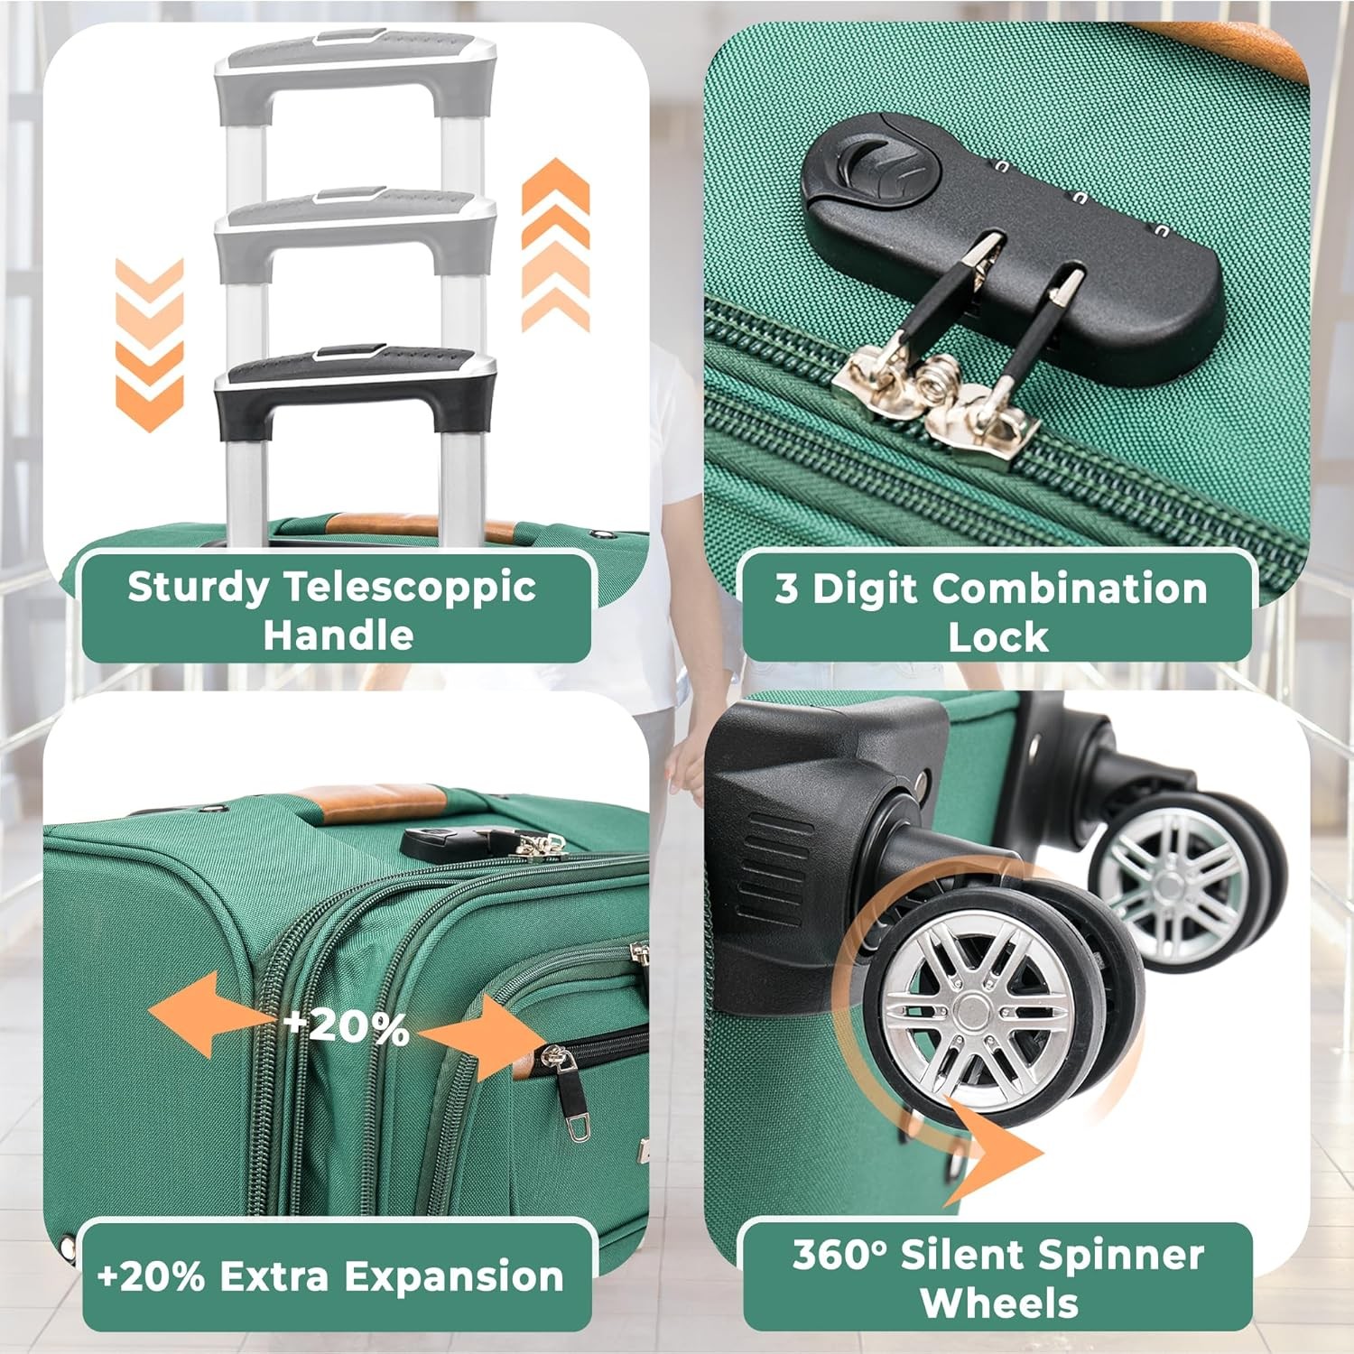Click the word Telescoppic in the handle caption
pos(411,588)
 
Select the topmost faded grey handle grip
pos(355,72)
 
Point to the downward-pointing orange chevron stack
pos(150,345)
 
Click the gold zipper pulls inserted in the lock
pos(939,402)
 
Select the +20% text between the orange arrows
pos(347,1026)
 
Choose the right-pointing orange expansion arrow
pos(483,1036)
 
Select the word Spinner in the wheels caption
pos(1120,1256)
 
